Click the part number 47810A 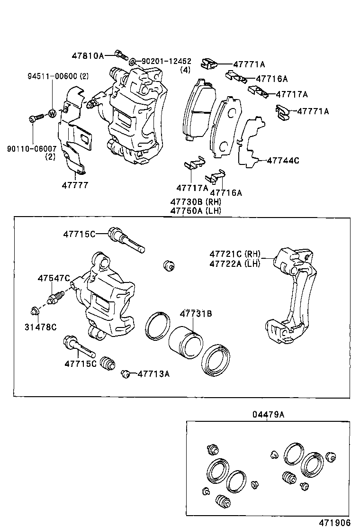pyautogui.click(x=88, y=56)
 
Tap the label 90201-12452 pyautogui.click(x=167, y=62)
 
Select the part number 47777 pyautogui.click(x=75, y=185)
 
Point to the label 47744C pyautogui.click(x=283, y=160)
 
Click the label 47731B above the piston pyautogui.click(x=196, y=314)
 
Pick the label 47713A pyautogui.click(x=153, y=374)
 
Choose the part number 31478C pyautogui.click(x=41, y=327)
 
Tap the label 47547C pyautogui.click(x=54, y=278)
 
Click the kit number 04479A pyautogui.click(x=268, y=414)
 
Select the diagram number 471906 pyautogui.click(x=334, y=523)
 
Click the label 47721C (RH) pyautogui.click(x=235, y=254)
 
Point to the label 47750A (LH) pyautogui.click(x=196, y=211)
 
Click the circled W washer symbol pyautogui.click(x=52, y=114)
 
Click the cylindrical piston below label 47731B pyautogui.click(x=186, y=343)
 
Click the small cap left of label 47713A pyautogui.click(x=126, y=373)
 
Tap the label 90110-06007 pyautogui.click(x=32, y=148)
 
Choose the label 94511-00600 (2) pyautogui.click(x=58, y=76)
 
